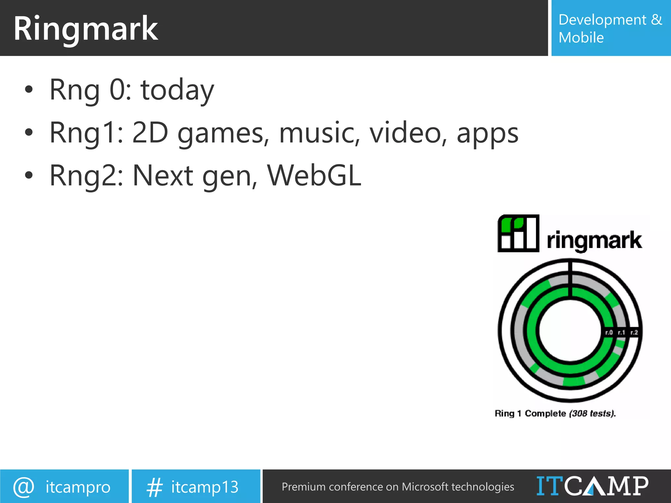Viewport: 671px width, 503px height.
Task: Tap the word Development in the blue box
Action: tap(602, 20)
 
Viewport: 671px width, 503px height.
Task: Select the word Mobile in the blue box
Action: tap(581, 38)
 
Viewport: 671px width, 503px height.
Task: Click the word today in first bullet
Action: tap(177, 90)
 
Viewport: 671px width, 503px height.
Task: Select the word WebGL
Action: tap(314, 176)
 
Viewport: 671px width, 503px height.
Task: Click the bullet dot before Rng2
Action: tap(29, 175)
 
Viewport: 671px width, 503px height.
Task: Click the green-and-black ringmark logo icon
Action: tap(518, 233)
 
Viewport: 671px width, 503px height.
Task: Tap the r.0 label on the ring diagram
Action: tap(609, 332)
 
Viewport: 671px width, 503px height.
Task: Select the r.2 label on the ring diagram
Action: tap(634, 332)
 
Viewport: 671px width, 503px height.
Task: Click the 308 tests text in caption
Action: tap(592, 413)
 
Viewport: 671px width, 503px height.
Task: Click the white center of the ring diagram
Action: tap(570, 331)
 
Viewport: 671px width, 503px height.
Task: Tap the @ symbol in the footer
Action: tap(24, 487)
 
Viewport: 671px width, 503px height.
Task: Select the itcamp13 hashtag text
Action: tap(204, 487)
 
